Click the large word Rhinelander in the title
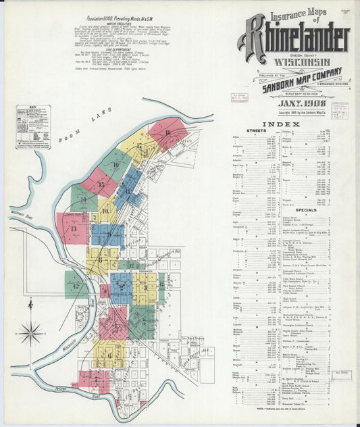click(x=293, y=41)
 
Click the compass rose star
click(x=30, y=333)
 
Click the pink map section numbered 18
click(x=168, y=133)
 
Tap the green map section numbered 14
click(x=83, y=199)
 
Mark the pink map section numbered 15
click(x=101, y=184)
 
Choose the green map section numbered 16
click(x=115, y=164)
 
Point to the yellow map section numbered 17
click(x=139, y=147)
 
